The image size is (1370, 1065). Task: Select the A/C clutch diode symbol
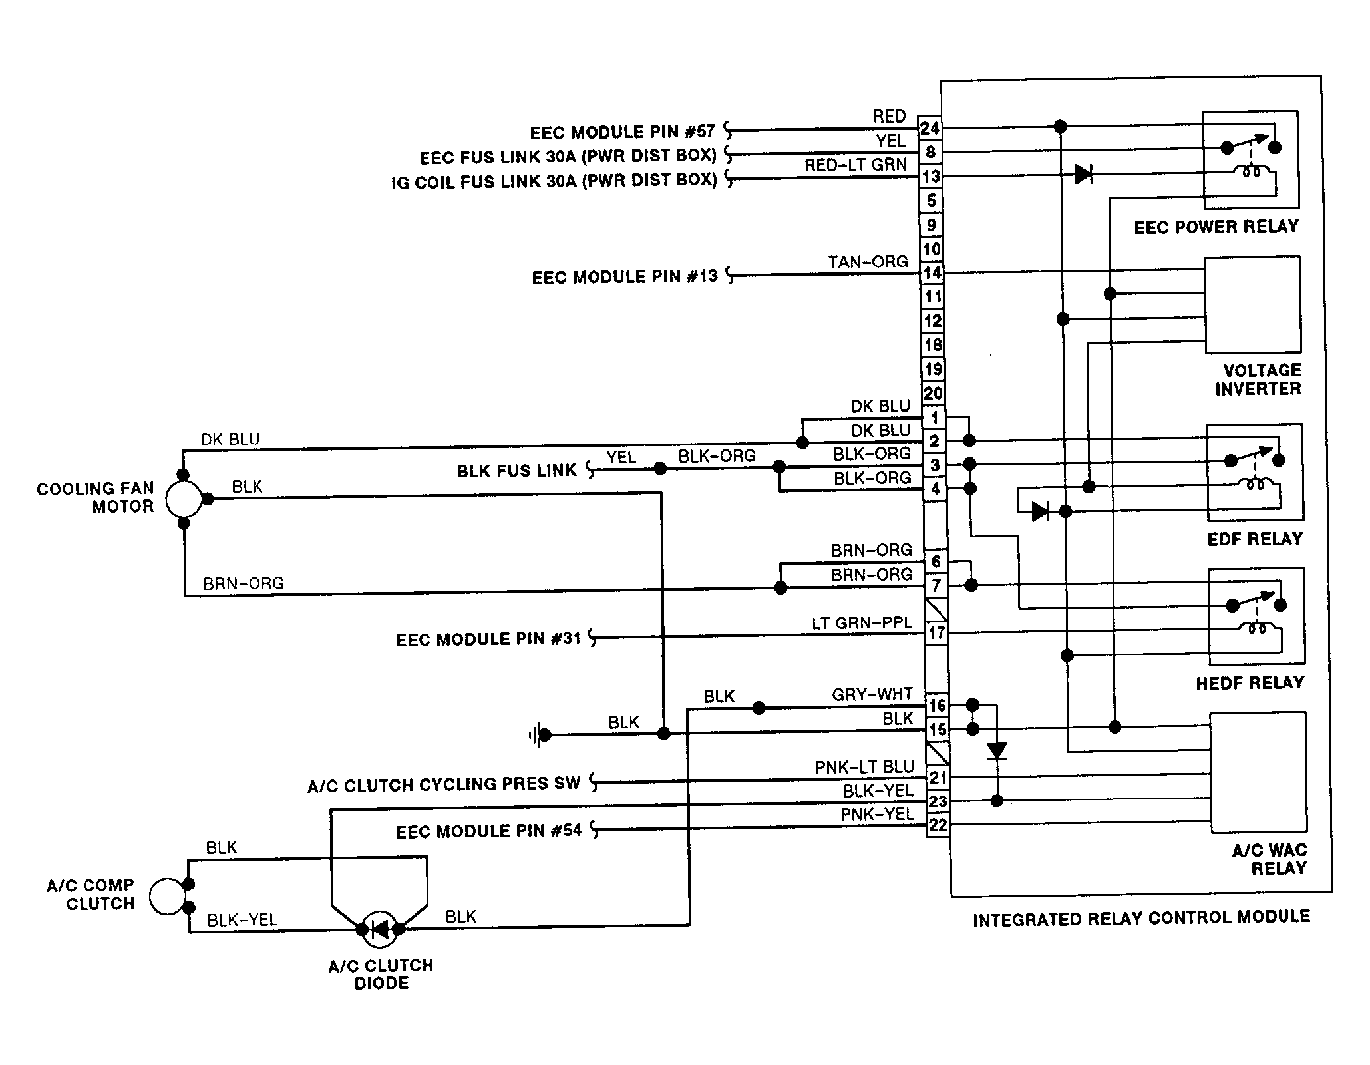click(x=380, y=929)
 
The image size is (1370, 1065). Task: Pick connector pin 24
click(x=929, y=128)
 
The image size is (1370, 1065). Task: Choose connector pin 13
click(x=931, y=177)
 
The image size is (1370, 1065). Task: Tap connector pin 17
click(x=937, y=633)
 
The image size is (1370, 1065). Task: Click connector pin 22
click(x=938, y=825)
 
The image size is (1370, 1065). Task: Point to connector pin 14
click(x=932, y=273)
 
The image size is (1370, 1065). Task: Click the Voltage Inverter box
click(x=1253, y=304)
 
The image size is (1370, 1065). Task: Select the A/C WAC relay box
click(x=1259, y=773)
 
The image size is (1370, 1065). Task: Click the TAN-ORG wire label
click(x=868, y=262)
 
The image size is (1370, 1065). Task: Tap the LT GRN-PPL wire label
click(x=861, y=623)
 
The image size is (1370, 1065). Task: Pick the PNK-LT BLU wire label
click(x=864, y=767)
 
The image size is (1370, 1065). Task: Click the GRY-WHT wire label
click(x=872, y=694)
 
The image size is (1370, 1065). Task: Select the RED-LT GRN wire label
click(x=856, y=165)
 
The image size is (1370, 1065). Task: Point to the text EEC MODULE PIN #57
click(x=622, y=132)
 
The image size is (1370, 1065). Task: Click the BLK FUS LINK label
click(x=516, y=471)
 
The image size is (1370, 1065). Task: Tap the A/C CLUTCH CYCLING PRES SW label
click(x=443, y=785)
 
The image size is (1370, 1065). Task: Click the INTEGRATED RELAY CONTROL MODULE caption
click(x=1141, y=918)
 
